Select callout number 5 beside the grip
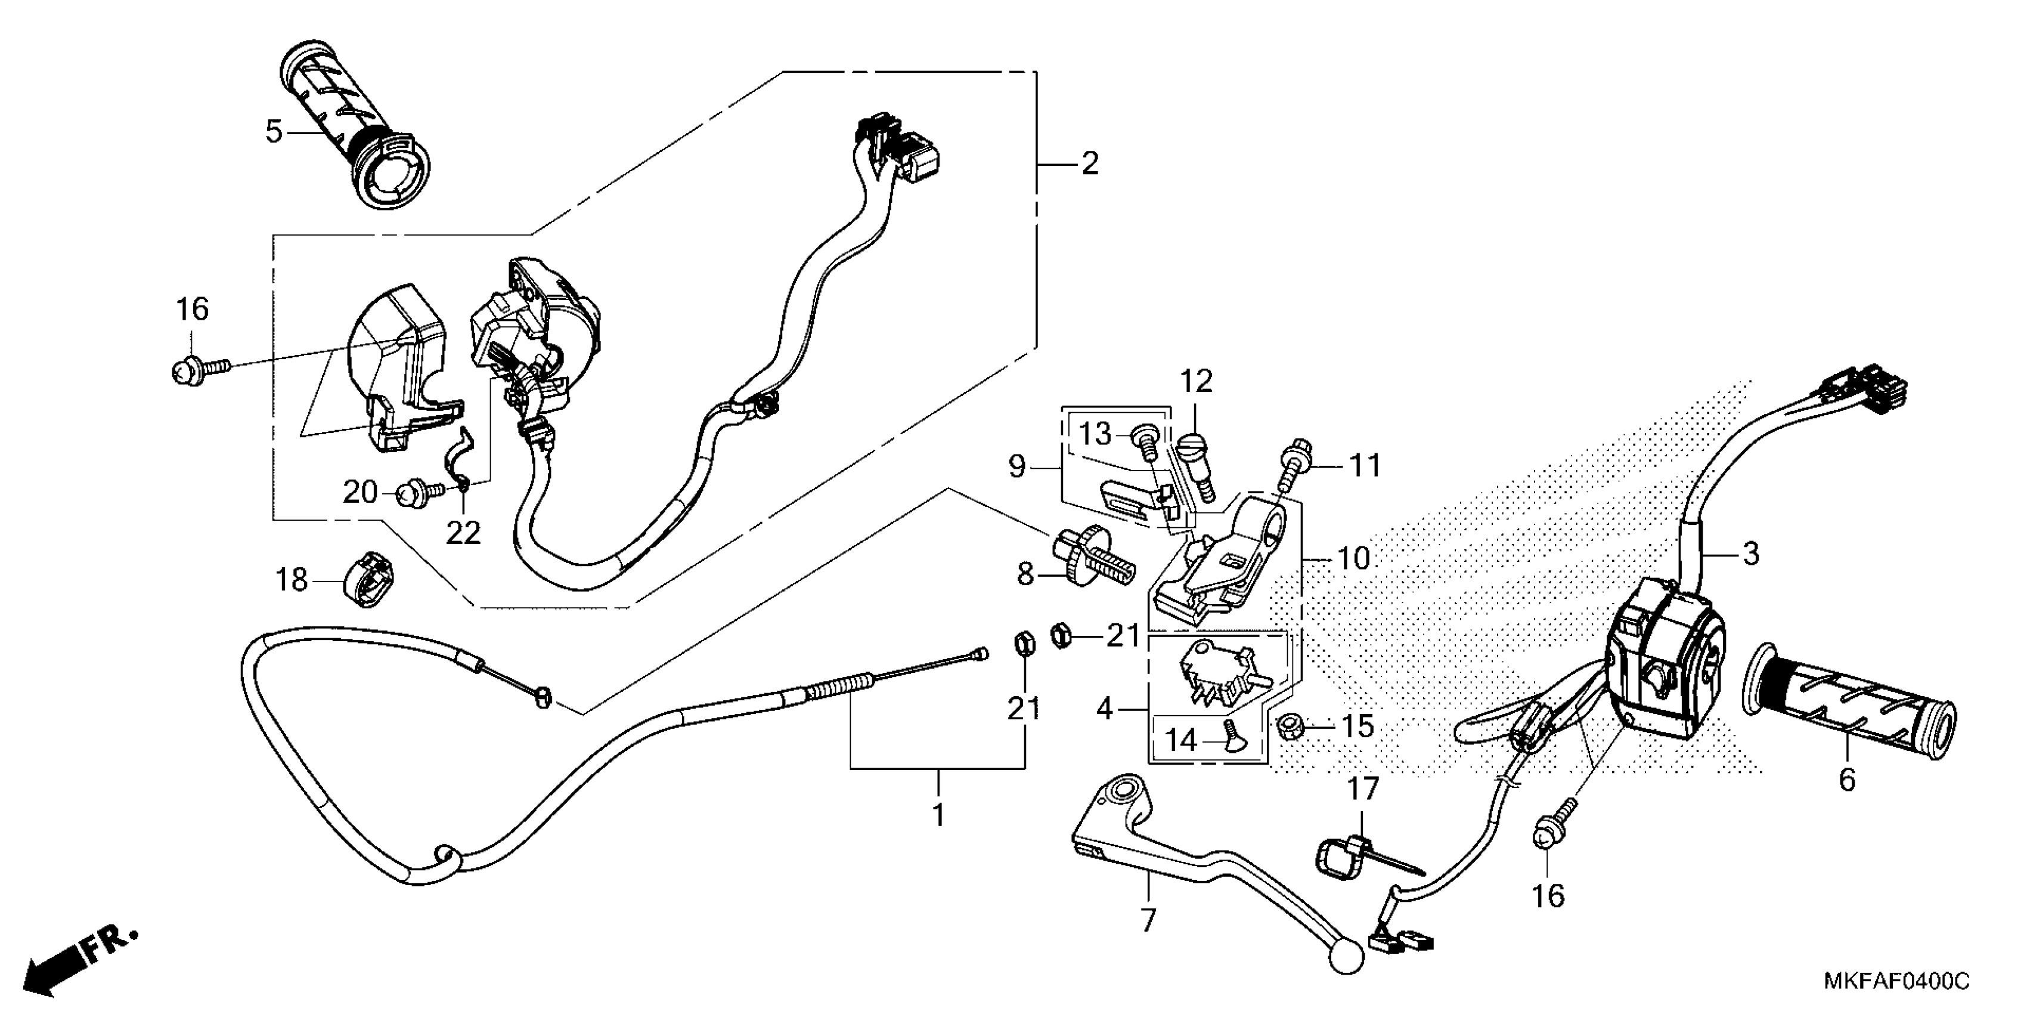tap(273, 131)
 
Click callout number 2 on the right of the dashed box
tap(1089, 164)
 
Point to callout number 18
tap(291, 580)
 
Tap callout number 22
tap(463, 533)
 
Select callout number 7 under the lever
tap(1148, 920)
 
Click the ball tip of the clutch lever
tap(1345, 957)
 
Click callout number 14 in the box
tap(1180, 740)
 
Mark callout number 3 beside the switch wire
tap(1750, 554)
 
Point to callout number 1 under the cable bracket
tap(938, 815)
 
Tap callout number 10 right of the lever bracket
tap(1353, 559)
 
